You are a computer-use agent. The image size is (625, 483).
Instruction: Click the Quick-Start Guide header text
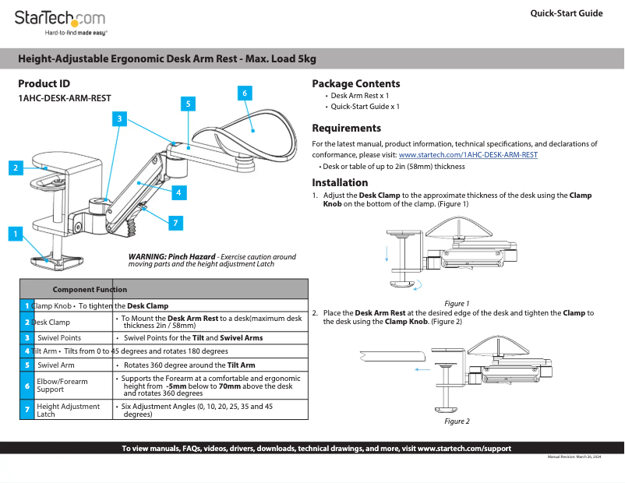click(566, 13)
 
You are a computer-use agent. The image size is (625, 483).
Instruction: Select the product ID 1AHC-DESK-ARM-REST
click(65, 99)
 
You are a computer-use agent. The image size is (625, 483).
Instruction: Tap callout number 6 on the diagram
click(244, 93)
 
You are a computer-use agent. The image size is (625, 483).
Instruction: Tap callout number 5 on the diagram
click(187, 103)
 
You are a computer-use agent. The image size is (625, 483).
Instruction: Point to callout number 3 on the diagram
click(118, 118)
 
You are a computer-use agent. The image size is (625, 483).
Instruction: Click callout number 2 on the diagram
click(15, 167)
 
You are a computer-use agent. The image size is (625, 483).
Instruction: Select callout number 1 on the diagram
click(13, 233)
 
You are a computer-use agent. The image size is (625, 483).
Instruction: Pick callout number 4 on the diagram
click(178, 192)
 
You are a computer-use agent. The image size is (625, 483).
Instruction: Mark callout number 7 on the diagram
click(175, 224)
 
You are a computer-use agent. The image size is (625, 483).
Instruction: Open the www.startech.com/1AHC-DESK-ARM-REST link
click(468, 155)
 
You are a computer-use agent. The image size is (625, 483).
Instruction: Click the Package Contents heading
click(355, 84)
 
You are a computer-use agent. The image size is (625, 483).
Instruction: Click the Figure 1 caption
click(456, 303)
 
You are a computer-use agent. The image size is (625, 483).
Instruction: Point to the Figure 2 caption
click(457, 421)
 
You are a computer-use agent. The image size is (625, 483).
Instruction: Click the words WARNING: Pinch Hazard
click(171, 257)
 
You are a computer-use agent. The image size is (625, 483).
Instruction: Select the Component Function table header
click(90, 290)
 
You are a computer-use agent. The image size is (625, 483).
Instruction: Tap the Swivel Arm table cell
click(56, 365)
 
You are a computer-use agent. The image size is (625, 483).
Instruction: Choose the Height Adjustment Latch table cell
click(68, 410)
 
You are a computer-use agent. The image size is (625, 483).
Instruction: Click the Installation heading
click(340, 183)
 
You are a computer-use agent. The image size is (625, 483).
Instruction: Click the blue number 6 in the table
click(26, 386)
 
